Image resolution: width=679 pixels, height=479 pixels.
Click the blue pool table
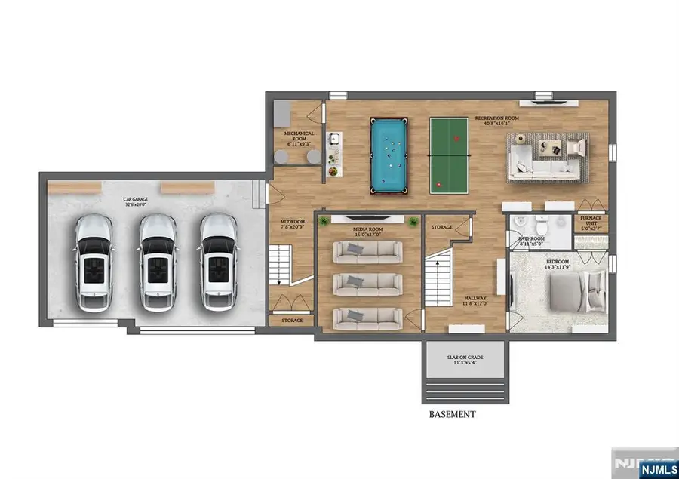point(389,155)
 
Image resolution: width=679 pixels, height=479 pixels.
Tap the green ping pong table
point(447,155)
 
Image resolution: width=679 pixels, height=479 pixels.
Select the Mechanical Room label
point(299,136)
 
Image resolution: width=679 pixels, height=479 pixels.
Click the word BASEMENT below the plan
point(452,414)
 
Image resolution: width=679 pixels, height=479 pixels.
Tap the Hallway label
point(476,301)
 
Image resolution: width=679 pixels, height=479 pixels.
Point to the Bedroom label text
point(559,266)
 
